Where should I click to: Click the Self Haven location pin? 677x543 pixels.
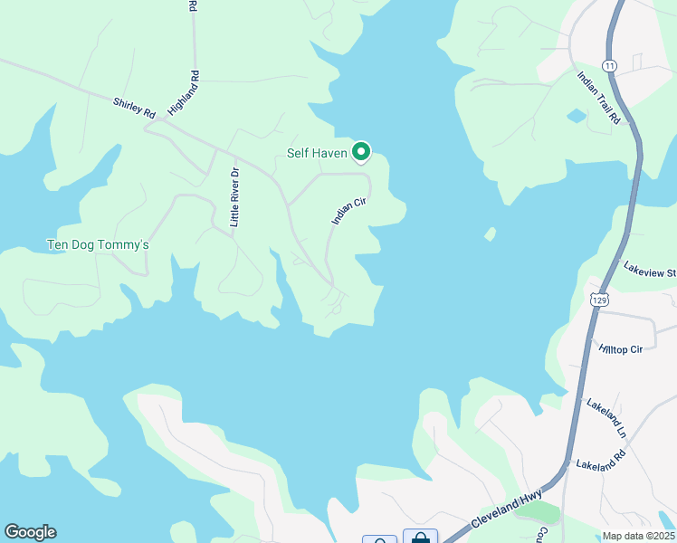(x=361, y=151)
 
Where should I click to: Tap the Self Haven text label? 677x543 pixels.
(x=317, y=153)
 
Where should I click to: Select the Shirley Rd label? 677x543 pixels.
(x=135, y=108)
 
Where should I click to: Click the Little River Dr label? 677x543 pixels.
(x=234, y=197)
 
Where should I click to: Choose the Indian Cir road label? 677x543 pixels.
(x=348, y=212)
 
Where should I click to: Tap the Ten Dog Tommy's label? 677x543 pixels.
(x=97, y=245)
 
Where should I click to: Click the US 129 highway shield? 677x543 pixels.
(x=598, y=298)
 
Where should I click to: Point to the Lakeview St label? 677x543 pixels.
(x=650, y=270)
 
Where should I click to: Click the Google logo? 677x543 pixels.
(x=30, y=532)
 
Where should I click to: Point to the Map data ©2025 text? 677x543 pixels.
(x=638, y=536)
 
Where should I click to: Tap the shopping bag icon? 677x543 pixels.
(x=420, y=538)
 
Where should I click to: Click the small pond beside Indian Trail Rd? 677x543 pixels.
(x=575, y=116)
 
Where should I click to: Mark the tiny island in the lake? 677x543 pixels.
(x=490, y=234)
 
